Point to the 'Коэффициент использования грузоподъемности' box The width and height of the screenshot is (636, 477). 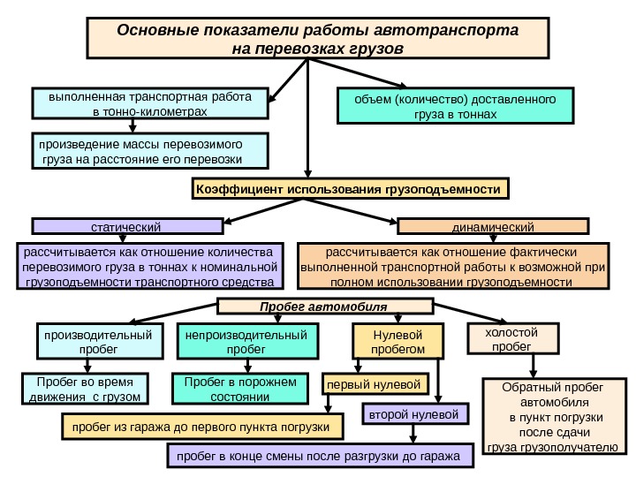351,190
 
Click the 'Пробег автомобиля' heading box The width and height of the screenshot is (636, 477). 325,307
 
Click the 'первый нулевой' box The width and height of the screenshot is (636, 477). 375,384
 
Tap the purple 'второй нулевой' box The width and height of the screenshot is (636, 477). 415,413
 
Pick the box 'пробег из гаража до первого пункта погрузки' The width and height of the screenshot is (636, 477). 201,428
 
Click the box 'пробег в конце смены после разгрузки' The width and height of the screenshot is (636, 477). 320,457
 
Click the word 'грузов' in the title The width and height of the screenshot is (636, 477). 379,44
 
